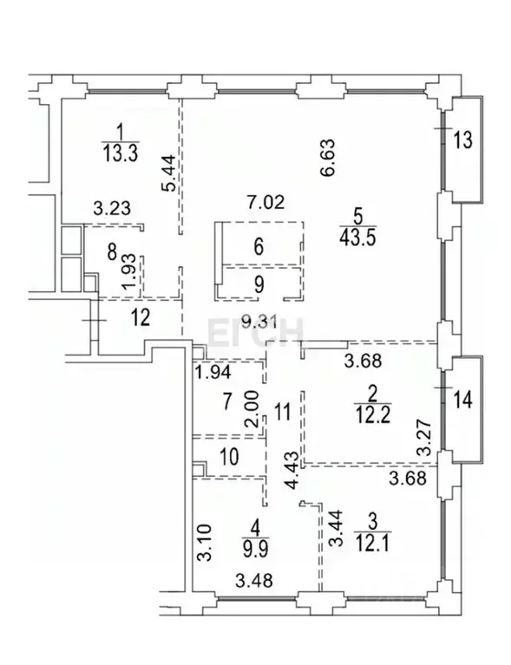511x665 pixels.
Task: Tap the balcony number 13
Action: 464,140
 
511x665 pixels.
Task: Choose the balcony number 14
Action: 464,401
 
